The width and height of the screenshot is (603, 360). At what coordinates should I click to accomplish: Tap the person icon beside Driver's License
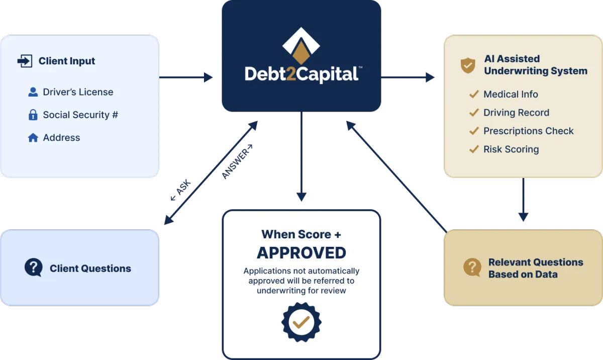(33, 92)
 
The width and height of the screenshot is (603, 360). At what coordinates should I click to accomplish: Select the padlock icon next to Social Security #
(33, 115)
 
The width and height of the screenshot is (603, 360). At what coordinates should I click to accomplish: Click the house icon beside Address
(33, 138)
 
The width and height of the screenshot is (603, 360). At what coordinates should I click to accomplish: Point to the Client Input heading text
(67, 61)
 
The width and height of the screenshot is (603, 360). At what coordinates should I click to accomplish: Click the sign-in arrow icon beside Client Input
(25, 61)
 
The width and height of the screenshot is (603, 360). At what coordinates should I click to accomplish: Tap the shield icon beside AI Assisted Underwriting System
(468, 65)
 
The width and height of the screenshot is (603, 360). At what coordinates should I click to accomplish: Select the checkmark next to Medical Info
(473, 95)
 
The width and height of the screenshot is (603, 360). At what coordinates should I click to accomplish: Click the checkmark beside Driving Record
(473, 113)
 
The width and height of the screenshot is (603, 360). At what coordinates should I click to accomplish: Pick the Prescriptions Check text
(528, 131)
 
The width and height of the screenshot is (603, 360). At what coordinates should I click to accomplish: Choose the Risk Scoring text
(511, 149)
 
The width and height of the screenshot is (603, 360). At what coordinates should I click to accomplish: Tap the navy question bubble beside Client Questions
(34, 268)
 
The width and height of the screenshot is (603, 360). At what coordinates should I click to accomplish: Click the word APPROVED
(301, 252)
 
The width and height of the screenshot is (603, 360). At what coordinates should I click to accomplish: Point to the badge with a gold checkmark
(301, 322)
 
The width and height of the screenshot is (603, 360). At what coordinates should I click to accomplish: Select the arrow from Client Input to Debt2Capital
(186, 78)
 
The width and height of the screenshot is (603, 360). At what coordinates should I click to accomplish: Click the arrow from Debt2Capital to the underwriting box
(408, 77)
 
